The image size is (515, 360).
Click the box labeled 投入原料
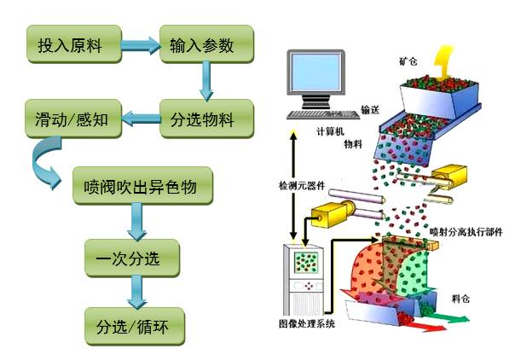(x=70, y=45)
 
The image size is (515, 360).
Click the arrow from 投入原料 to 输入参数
(x=138, y=44)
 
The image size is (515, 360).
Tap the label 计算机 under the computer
(x=331, y=131)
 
